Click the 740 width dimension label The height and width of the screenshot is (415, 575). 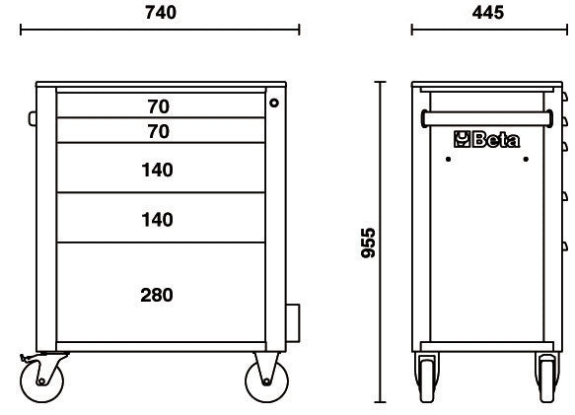161,13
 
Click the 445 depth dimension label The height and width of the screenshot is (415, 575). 488,13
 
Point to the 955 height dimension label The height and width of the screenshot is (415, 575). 368,243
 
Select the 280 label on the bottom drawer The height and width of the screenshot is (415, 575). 157,295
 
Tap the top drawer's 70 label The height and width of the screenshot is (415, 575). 159,106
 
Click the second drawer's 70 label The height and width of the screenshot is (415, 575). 159,131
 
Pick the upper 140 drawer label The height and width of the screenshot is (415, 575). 158,171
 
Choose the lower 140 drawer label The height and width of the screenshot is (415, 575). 158,220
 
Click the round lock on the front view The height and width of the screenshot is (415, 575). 274,104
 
